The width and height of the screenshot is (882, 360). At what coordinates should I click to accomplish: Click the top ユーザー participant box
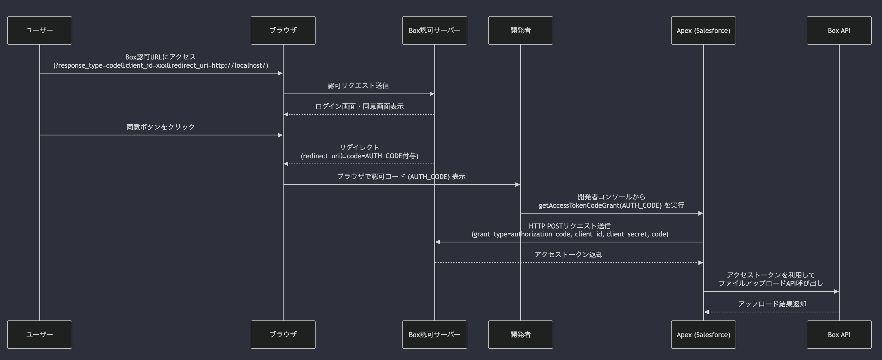(39, 31)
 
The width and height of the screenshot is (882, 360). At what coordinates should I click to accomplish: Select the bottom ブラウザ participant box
(283, 335)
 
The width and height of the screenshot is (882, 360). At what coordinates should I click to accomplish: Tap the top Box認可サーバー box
(434, 31)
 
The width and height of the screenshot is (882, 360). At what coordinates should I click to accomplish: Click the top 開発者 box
(520, 31)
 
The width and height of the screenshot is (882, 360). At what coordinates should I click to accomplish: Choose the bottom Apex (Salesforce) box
(703, 335)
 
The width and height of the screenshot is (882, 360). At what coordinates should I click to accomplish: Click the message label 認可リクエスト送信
(358, 86)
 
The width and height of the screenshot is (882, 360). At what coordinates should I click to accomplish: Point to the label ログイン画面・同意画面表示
(359, 106)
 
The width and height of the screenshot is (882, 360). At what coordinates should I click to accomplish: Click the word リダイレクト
(359, 147)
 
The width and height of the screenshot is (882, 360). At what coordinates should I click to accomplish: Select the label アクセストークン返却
(568, 254)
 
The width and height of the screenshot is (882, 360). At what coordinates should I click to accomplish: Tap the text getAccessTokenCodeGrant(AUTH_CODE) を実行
(611, 205)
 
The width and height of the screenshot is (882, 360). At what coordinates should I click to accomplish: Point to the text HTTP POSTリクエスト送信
(569, 226)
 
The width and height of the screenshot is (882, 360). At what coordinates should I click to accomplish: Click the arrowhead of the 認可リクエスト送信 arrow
(432, 94)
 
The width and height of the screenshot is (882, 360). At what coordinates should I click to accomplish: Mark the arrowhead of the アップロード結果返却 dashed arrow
(706, 312)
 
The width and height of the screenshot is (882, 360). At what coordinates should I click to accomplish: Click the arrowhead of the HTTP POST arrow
(438, 242)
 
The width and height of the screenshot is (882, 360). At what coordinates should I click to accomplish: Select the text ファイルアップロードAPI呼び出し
(770, 283)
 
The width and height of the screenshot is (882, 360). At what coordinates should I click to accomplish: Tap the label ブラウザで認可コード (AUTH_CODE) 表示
(401, 176)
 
